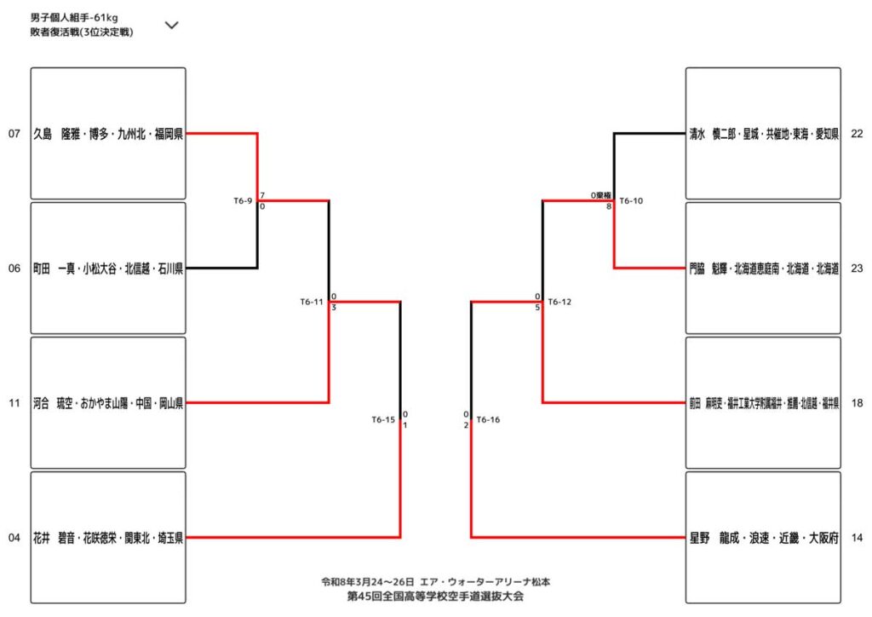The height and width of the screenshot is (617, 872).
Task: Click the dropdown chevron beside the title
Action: click(171, 25)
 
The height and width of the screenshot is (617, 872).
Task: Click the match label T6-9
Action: click(243, 201)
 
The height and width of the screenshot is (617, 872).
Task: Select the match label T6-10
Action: click(631, 201)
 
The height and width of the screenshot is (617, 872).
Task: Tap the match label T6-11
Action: click(312, 302)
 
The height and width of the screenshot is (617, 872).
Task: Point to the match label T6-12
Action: click(559, 302)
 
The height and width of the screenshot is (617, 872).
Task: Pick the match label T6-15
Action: click(383, 419)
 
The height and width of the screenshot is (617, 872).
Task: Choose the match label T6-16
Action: click(488, 419)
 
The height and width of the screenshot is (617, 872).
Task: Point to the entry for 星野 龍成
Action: click(764, 538)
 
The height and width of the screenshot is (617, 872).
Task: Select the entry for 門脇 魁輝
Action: click(764, 268)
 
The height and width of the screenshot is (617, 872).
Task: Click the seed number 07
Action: click(14, 134)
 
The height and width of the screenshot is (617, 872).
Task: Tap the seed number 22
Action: click(857, 134)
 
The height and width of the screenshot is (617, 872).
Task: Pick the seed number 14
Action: click(857, 538)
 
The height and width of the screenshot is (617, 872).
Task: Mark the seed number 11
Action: click(14, 403)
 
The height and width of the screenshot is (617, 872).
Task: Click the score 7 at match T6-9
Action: click(263, 196)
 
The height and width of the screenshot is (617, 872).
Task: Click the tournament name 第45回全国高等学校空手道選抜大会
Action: click(435, 596)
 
